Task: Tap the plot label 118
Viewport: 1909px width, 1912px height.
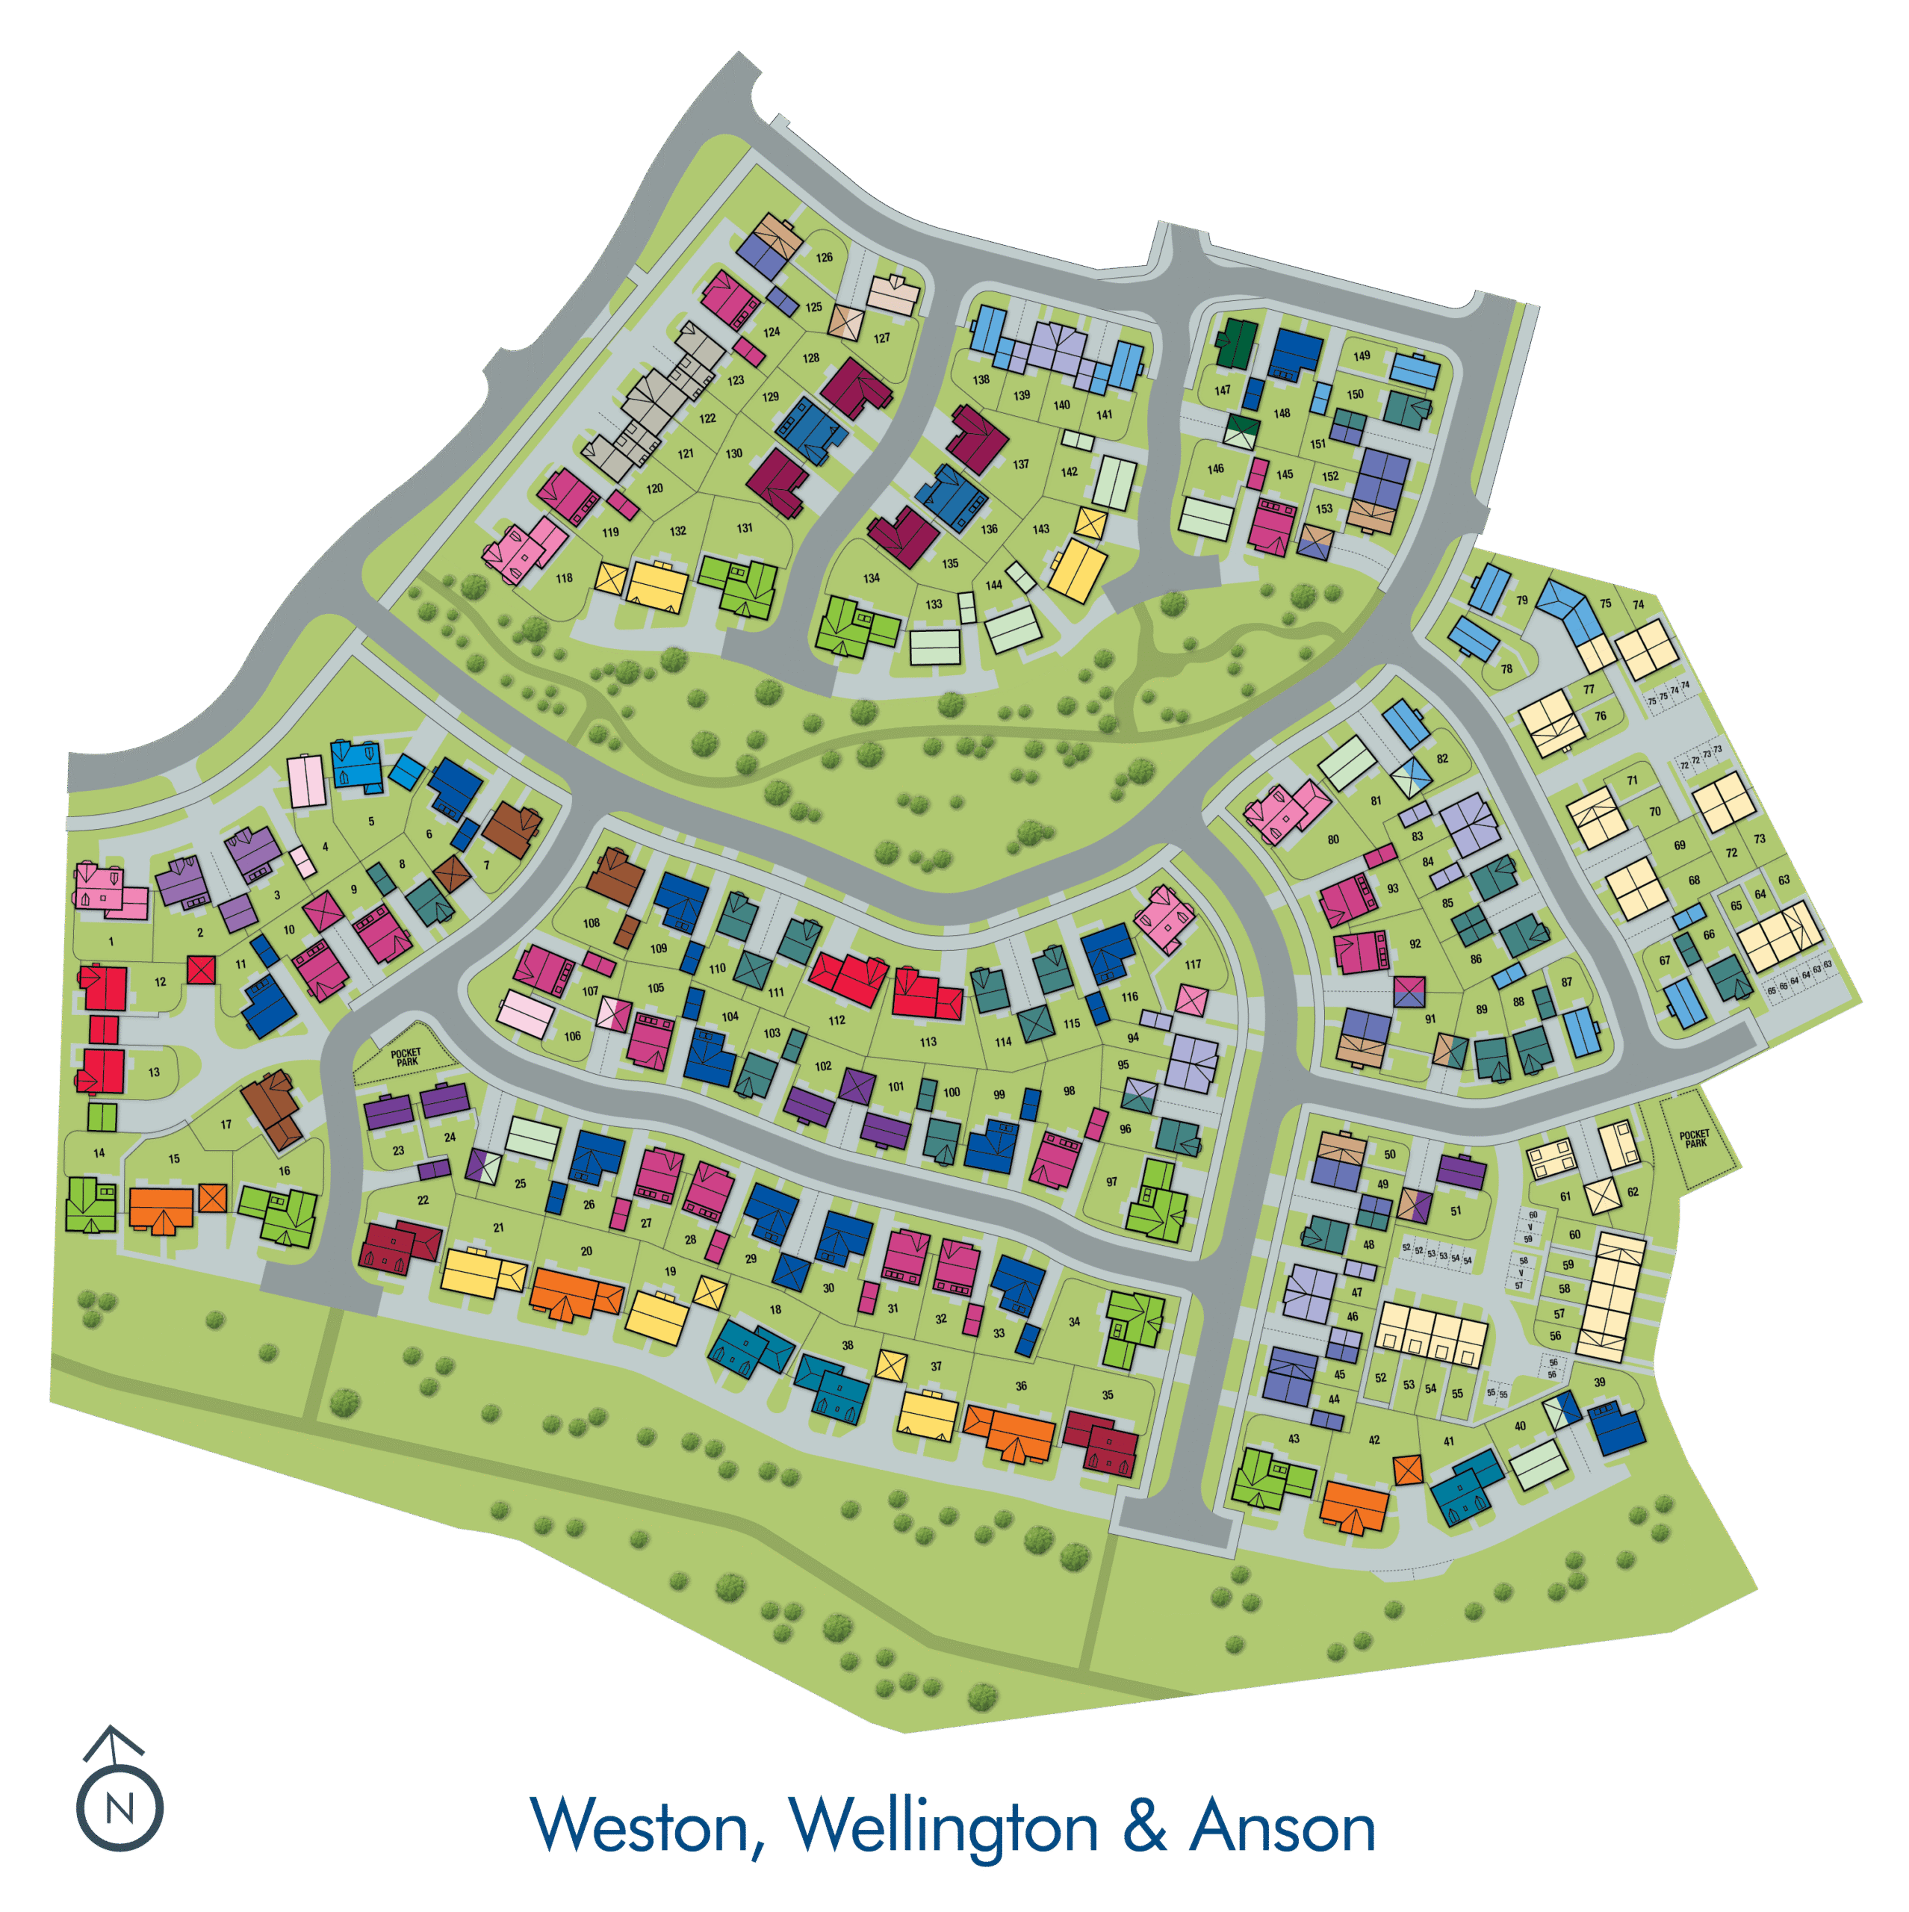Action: pyautogui.click(x=564, y=578)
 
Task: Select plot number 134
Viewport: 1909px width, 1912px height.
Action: pyautogui.click(x=871, y=578)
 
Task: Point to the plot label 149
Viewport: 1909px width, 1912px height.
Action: pyautogui.click(x=1362, y=356)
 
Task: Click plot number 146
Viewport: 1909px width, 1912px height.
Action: pyautogui.click(x=1215, y=469)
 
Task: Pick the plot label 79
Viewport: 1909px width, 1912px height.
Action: pyautogui.click(x=1522, y=600)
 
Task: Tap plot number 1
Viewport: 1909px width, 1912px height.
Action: pyautogui.click(x=111, y=942)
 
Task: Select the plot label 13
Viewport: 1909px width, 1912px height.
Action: pyautogui.click(x=153, y=1072)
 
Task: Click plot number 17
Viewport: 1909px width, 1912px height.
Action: pyautogui.click(x=226, y=1124)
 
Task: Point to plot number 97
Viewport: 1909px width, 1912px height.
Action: pyautogui.click(x=1111, y=1182)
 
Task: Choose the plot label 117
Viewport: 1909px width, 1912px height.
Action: pyautogui.click(x=1193, y=964)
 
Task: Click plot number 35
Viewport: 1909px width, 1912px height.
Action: pyautogui.click(x=1108, y=1394)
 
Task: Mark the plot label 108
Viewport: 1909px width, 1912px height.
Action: pyautogui.click(x=591, y=922)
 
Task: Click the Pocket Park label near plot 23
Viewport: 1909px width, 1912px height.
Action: pyautogui.click(x=406, y=1057)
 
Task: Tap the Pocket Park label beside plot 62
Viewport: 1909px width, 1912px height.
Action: pyautogui.click(x=1694, y=1138)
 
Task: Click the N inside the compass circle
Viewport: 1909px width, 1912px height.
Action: pyautogui.click(x=119, y=1810)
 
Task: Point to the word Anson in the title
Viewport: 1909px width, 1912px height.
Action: pyautogui.click(x=1282, y=1826)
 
